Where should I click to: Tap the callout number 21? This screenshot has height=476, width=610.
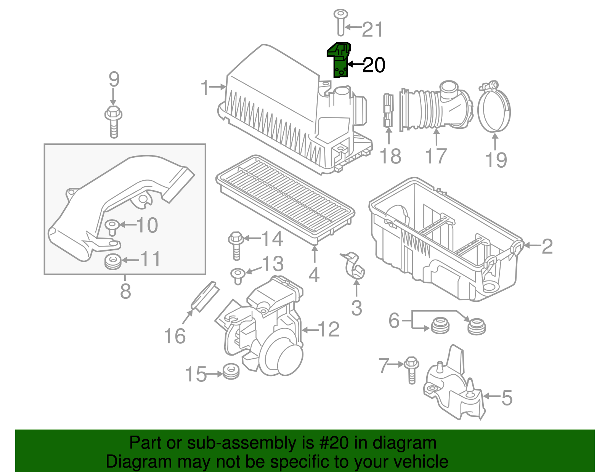point(372,29)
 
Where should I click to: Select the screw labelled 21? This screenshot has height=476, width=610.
point(340,22)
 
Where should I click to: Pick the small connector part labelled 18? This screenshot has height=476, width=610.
point(388,111)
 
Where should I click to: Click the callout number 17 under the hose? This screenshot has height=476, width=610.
point(435,156)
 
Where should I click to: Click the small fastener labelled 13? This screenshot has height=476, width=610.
point(238,276)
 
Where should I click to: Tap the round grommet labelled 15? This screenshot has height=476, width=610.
point(231,372)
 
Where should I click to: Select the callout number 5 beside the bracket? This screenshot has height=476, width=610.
point(507,397)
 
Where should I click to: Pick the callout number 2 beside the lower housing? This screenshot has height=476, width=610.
point(547,246)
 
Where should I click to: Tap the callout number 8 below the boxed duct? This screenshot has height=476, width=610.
point(125,291)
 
